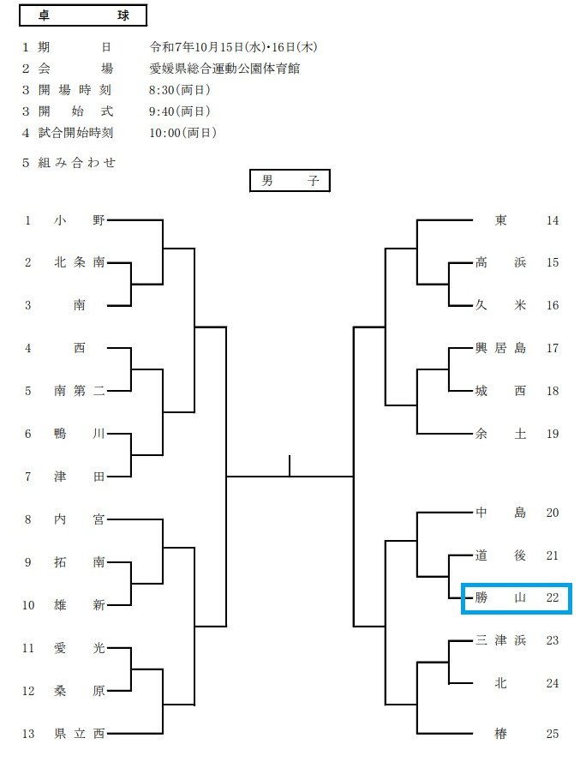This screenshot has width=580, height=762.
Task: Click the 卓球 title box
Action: [82, 16]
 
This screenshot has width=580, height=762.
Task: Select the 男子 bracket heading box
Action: [290, 181]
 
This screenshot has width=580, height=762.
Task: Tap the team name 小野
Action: [79, 220]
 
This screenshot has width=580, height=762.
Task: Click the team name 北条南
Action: [79, 263]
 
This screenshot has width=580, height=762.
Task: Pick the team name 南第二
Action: [79, 391]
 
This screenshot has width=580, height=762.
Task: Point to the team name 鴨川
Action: [79, 434]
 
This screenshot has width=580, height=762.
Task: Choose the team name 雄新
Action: [79, 605]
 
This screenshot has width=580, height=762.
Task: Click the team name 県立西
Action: [79, 733]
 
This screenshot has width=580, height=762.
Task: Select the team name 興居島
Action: [500, 348]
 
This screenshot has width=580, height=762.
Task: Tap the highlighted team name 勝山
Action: [500, 597]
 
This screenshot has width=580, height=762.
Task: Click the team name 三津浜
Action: [500, 640]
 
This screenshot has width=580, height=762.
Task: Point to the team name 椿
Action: [500, 733]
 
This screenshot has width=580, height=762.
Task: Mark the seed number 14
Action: [552, 220]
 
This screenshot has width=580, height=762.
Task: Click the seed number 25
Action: [552, 733]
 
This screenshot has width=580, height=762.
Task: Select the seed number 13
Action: [28, 733]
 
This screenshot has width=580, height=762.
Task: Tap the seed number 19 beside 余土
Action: [552, 434]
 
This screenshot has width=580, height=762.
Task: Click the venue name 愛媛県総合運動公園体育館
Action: [224, 69]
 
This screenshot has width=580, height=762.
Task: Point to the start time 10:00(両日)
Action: [182, 133]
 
